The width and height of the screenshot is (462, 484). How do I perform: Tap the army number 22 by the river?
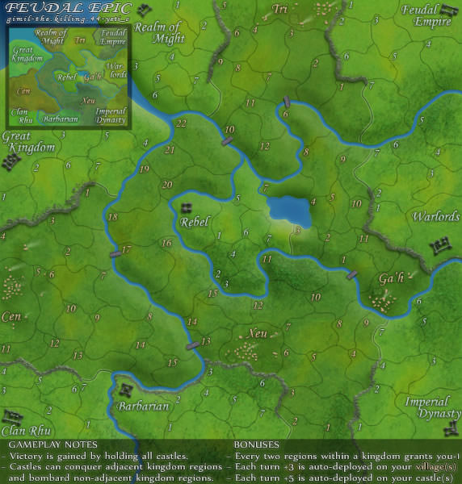pyautogui.click(x=180, y=123)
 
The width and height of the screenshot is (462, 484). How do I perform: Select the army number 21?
pyautogui.click(x=170, y=150)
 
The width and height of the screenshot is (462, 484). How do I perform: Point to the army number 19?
pyautogui.click(x=145, y=169)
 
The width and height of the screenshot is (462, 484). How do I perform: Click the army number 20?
pyautogui.click(x=166, y=185)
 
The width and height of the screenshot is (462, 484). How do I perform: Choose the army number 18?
pyautogui.click(x=113, y=218)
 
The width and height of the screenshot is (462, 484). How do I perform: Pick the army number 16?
pyautogui.click(x=167, y=243)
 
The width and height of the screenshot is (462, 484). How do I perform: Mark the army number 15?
pyautogui.click(x=172, y=364)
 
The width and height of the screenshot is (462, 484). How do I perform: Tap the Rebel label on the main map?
pyautogui.click(x=195, y=222)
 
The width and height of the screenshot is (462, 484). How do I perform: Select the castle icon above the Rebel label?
pyautogui.click(x=187, y=207)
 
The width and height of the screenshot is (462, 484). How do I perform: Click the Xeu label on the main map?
pyautogui.click(x=258, y=332)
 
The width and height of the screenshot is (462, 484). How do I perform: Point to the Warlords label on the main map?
pyautogui.click(x=436, y=218)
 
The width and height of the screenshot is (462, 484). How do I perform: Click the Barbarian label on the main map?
pyautogui.click(x=144, y=407)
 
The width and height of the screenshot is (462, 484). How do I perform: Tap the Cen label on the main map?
pyautogui.click(x=11, y=316)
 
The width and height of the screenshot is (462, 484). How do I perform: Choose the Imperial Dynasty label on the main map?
pyautogui.click(x=427, y=408)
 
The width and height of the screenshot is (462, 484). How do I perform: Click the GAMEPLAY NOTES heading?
pyautogui.click(x=52, y=444)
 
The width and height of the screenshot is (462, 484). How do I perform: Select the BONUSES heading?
pyautogui.click(x=256, y=444)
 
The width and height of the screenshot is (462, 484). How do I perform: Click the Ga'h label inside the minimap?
pyautogui.click(x=92, y=76)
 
